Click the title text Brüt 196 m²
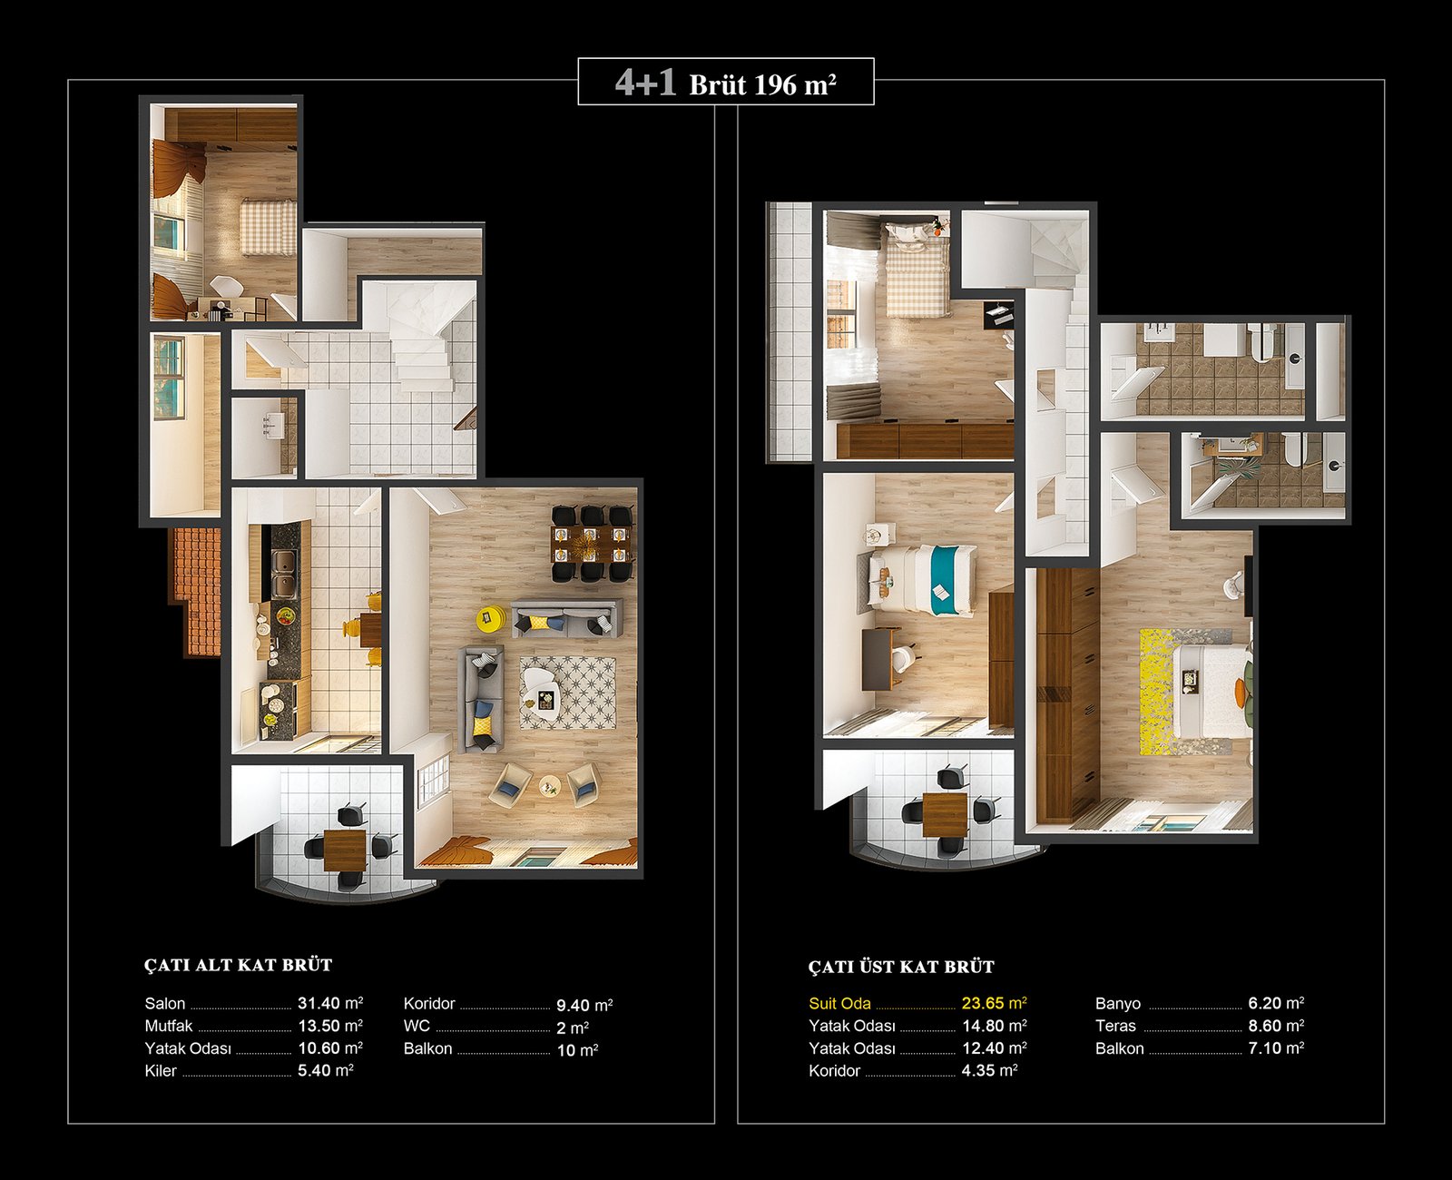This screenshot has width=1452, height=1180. [762, 84]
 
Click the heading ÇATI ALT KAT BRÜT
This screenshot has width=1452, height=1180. [238, 965]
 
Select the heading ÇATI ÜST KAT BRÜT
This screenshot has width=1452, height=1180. [901, 967]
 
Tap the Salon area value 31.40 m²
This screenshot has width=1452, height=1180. [330, 1003]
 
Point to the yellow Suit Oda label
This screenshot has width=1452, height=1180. [839, 1003]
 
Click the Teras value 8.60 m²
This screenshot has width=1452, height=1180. [1276, 1026]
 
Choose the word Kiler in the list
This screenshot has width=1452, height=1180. [161, 1070]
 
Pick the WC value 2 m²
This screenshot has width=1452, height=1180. [573, 1028]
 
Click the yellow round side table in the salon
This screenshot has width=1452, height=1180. [491, 617]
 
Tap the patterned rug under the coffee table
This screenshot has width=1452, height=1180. [567, 693]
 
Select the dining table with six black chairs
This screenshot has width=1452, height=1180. [592, 544]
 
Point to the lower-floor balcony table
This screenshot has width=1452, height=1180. [346, 851]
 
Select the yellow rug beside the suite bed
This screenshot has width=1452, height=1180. [1159, 692]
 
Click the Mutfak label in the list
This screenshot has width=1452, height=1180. [169, 1026]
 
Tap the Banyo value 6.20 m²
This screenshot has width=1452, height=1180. [1276, 1003]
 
